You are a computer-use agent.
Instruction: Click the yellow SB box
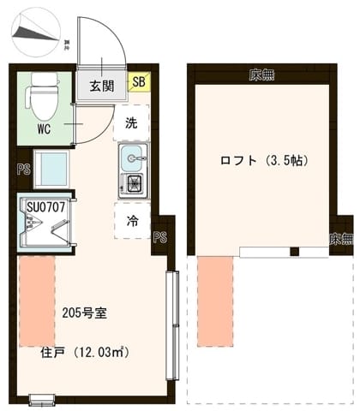[138, 83]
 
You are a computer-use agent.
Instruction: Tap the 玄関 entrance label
[103, 86]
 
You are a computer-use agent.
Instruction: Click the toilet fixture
[41, 96]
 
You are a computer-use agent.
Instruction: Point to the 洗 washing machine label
[131, 122]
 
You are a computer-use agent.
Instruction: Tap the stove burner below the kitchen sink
[134, 182]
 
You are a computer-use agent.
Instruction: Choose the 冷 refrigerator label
[133, 221]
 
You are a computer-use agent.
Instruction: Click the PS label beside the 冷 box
[159, 237]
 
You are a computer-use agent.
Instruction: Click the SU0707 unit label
[44, 207]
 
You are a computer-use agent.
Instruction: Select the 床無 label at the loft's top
[261, 74]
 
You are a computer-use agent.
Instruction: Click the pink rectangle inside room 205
[37, 300]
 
